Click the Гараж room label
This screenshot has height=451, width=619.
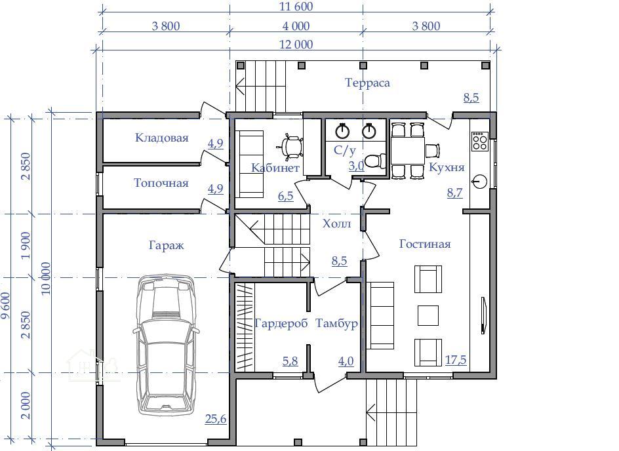click(x=166, y=245)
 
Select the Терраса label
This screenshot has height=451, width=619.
click(x=367, y=83)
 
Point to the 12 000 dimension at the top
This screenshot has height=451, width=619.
click(x=296, y=44)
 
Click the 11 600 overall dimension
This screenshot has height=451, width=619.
click(x=296, y=7)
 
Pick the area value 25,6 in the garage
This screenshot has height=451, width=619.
click(x=216, y=419)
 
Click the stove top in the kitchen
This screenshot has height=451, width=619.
click(x=479, y=141)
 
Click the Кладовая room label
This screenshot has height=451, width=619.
click(x=161, y=138)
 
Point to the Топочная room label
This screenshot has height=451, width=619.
click(x=161, y=183)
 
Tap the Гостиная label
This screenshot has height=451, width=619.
click(x=425, y=244)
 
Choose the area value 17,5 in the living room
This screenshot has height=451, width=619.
click(x=456, y=360)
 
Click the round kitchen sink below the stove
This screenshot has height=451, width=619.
click(x=479, y=182)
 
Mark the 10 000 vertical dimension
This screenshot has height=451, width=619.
click(x=46, y=279)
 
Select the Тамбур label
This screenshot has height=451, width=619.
click(x=336, y=324)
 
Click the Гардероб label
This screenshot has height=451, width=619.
click(x=281, y=324)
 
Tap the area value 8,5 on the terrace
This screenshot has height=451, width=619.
click(x=471, y=98)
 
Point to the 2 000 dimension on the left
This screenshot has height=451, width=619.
click(x=26, y=406)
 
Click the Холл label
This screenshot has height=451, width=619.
click(x=336, y=224)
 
